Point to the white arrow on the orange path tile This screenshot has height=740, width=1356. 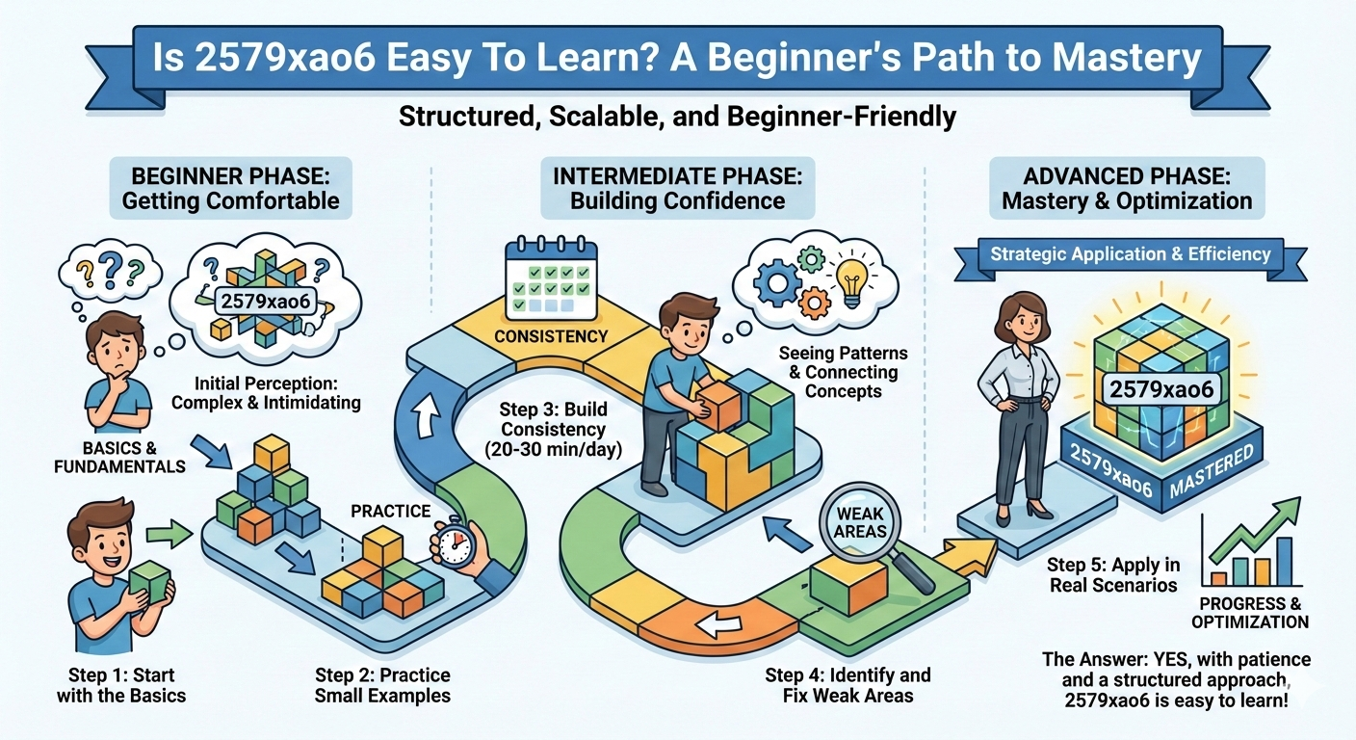(715, 625)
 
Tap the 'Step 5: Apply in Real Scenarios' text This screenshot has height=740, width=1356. (1113, 574)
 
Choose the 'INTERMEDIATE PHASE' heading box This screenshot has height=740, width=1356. (677, 188)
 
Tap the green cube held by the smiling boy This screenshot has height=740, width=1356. (149, 583)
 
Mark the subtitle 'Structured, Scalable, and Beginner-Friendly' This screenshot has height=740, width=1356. (678, 117)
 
